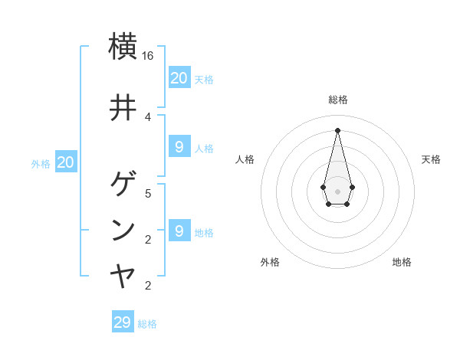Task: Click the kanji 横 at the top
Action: tap(123, 45)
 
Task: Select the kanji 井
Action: tap(123, 108)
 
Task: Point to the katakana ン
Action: tap(123, 230)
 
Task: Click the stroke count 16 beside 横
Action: tap(148, 56)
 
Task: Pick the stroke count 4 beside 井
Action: tap(148, 116)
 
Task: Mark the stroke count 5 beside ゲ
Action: tap(148, 193)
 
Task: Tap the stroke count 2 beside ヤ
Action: tap(148, 286)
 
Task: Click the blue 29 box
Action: tap(123, 322)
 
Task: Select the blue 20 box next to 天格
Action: tap(179, 77)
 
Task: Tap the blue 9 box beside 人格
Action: tap(179, 147)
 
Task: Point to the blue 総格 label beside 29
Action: tap(147, 324)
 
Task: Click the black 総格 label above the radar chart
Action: tap(337, 100)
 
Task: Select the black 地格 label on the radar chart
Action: tap(402, 262)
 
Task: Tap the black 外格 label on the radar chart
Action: tap(270, 262)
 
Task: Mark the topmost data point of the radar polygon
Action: tap(337, 129)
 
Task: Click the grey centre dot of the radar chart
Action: tap(337, 191)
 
